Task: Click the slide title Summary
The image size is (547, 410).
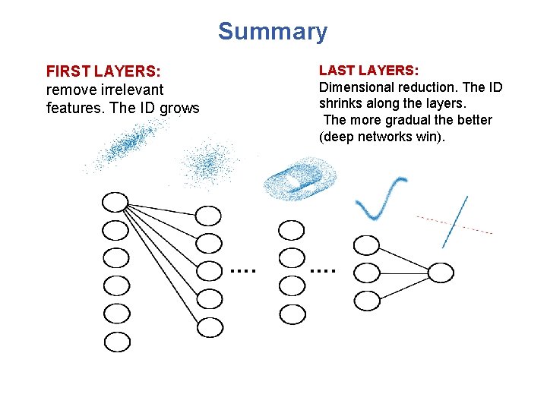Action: point(273,32)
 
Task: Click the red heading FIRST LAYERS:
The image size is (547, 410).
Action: point(103,71)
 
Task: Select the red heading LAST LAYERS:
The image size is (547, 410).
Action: point(368,71)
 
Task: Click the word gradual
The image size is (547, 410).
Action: point(415,120)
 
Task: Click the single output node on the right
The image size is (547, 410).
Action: point(441,273)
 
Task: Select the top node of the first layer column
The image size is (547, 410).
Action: point(115,203)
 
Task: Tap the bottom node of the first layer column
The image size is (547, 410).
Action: point(117,342)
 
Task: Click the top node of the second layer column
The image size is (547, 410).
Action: point(208,216)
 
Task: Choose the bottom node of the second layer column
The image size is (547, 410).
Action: point(210,327)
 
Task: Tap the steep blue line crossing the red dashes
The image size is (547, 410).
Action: point(455,221)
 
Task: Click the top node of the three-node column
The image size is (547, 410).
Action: point(367,244)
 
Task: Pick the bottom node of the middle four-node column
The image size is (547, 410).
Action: point(292,313)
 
